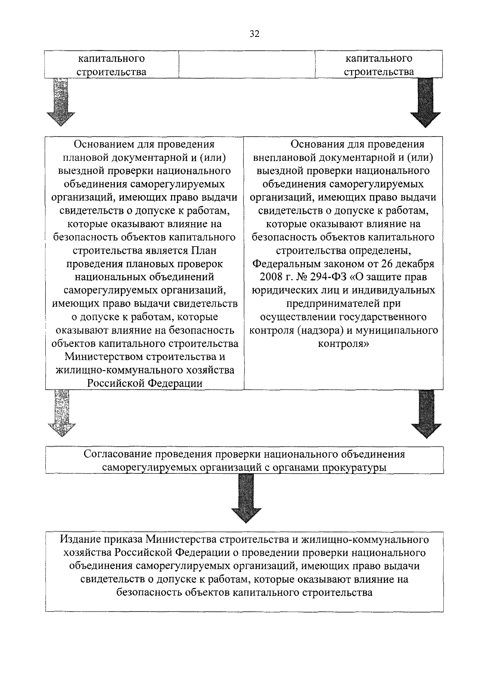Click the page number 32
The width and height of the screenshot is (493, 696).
pyautogui.click(x=254, y=34)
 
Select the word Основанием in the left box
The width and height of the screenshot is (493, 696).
pyautogui.click(x=103, y=144)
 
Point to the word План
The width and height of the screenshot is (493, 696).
pyautogui.click(x=204, y=251)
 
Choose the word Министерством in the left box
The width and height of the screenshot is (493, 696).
pyautogui.click(x=104, y=357)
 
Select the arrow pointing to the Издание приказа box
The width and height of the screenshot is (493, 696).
pyautogui.click(x=246, y=498)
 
